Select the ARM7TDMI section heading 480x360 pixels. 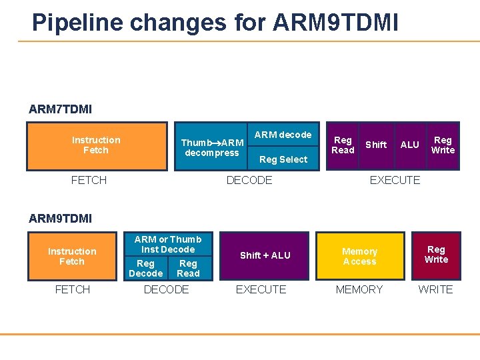60,109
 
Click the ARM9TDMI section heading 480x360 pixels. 60,218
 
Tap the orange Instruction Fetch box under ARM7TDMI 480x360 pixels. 97,145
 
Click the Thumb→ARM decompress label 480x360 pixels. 212,147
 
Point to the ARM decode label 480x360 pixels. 283,135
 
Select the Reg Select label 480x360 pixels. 283,159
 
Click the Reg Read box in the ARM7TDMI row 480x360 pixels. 343,145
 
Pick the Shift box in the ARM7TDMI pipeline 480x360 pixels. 376,145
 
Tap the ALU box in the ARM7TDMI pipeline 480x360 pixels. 409,145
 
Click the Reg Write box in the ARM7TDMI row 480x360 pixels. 443,145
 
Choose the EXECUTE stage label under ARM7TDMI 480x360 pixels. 395,180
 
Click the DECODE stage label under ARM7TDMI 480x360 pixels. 249,180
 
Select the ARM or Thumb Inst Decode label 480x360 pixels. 168,244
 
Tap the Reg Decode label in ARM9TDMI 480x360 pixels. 146,269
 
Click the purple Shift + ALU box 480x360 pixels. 265,255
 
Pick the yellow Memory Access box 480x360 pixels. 360,256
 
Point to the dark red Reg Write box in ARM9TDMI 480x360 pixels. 436,255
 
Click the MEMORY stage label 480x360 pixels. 359,289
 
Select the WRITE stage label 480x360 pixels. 435,289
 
